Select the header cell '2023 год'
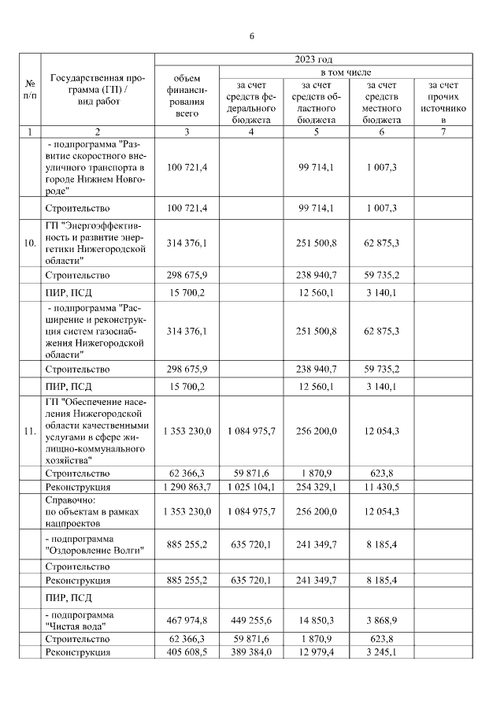click(x=313, y=59)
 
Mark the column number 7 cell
click(x=443, y=132)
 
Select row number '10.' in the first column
click(x=30, y=243)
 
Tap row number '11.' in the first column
click(x=30, y=431)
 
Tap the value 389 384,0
click(x=250, y=653)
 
